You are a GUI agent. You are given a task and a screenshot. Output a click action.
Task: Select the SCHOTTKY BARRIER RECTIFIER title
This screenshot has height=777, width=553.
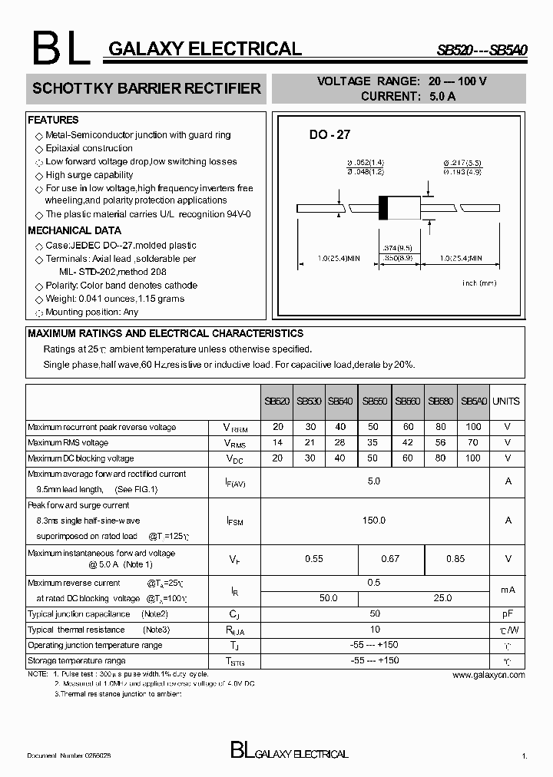(147, 89)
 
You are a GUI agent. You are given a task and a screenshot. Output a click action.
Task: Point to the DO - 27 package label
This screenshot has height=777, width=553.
(329, 135)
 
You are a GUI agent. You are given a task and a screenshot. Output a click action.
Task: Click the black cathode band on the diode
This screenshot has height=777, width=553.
(383, 208)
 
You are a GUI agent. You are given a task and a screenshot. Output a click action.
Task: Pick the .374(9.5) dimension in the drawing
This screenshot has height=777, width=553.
(397, 248)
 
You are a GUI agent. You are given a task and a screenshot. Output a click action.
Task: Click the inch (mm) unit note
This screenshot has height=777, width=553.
(480, 283)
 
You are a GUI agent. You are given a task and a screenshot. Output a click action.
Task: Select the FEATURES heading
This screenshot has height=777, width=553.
(53, 121)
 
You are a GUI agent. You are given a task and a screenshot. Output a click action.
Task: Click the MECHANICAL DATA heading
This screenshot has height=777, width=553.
(75, 230)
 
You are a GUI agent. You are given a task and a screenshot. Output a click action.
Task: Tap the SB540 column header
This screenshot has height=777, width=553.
(340, 402)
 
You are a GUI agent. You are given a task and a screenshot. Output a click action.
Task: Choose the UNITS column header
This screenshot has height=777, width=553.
(506, 402)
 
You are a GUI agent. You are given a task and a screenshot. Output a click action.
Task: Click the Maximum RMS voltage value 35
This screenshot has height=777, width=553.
(373, 443)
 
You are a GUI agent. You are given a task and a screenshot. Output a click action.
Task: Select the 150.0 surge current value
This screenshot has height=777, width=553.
(374, 521)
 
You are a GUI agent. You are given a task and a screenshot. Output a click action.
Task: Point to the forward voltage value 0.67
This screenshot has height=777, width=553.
(390, 559)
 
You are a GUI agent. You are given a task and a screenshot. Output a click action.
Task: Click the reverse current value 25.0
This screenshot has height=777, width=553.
(442, 597)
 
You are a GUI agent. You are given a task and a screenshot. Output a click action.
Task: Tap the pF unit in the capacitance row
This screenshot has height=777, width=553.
(507, 614)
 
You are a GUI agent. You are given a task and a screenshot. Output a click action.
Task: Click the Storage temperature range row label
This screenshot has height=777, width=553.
(77, 661)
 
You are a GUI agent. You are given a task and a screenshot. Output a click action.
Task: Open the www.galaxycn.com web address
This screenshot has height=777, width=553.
(488, 675)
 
